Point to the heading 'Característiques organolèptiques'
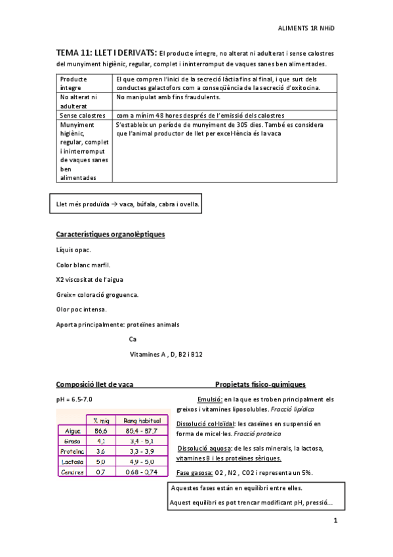(110, 234)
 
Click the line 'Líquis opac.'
(74, 250)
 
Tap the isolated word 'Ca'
(133, 340)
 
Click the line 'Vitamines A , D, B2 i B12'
(166, 355)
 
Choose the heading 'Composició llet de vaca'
(95, 384)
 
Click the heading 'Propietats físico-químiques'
(260, 384)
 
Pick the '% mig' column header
(100, 419)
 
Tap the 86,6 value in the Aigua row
(100, 430)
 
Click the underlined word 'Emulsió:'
(210, 399)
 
